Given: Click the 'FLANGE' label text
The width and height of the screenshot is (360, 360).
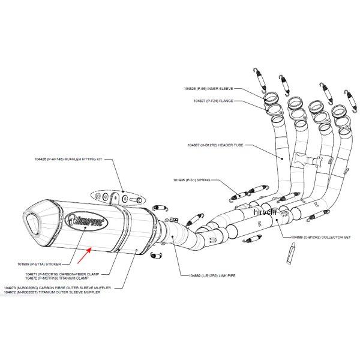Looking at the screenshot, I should tap(220, 101).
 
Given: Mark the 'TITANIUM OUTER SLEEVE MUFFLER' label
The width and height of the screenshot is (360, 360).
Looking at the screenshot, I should tap(66, 292).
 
